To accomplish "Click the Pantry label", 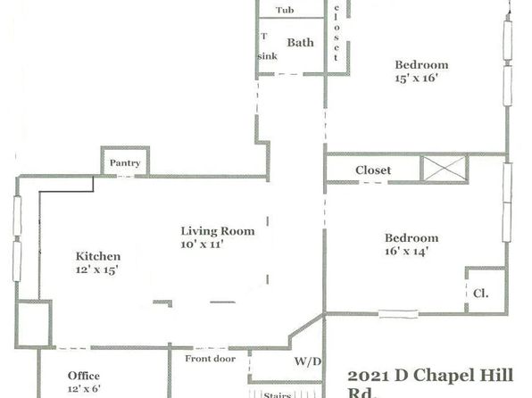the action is [x=125, y=163].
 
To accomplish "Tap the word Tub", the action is [x=285, y=10].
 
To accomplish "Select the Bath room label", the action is [x=300, y=43].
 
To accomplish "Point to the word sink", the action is [x=268, y=56].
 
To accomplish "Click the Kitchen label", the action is [x=98, y=256].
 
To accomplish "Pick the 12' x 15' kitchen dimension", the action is [x=96, y=269].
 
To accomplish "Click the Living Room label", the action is [x=218, y=231].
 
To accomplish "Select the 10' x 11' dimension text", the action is [x=202, y=245].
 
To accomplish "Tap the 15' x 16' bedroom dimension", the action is [x=416, y=78].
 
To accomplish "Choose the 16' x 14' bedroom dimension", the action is [x=406, y=251].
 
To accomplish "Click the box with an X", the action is [x=445, y=169].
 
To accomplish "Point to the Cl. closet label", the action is [x=481, y=294].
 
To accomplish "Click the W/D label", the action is [x=307, y=361].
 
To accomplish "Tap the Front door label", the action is [x=210, y=359].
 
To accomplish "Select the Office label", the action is [x=84, y=376].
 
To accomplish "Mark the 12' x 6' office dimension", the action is [x=84, y=388].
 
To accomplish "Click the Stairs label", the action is [x=278, y=395].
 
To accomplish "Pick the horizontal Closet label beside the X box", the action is [x=373, y=170].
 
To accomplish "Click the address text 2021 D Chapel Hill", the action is [x=430, y=376].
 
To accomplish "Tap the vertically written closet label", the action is [x=336, y=32].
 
